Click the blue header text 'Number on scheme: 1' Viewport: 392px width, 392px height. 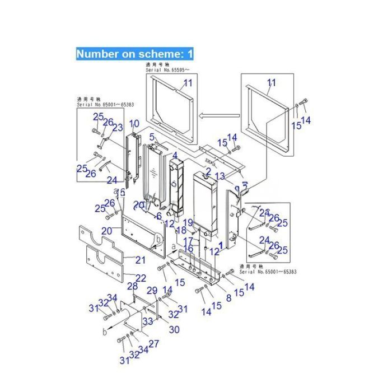[135, 54]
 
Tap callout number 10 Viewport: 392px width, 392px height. [134, 123]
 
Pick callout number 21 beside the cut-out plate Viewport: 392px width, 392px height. [141, 259]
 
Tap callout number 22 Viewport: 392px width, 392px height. [142, 278]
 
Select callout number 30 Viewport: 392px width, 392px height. [174, 330]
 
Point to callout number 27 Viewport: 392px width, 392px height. [153, 343]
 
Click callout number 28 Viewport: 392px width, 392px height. [132, 287]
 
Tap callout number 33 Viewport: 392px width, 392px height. [147, 321]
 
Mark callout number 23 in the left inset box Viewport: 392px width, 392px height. [117, 128]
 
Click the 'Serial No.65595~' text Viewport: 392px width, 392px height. [168, 71]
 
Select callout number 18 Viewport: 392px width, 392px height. [181, 230]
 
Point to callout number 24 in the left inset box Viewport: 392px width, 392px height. [112, 180]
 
